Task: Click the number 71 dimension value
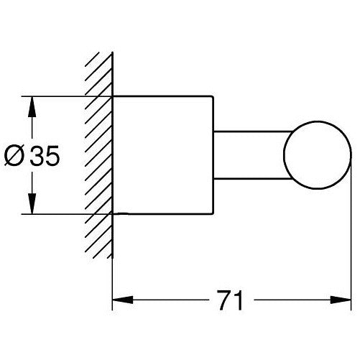point(231,300)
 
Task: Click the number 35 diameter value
point(45,155)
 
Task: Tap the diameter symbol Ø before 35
point(14,156)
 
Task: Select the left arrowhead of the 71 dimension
point(123,300)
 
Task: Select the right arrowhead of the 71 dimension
point(341,300)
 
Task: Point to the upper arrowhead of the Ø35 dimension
point(32,106)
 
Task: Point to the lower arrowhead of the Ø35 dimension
point(32,203)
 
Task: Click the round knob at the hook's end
point(318,154)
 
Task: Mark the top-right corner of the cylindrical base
point(213,96)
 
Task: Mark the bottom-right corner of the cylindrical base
point(213,213)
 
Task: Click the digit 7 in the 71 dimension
point(224,300)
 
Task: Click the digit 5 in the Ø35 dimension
point(52,156)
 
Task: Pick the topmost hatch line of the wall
point(92,59)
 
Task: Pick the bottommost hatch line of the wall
point(109,256)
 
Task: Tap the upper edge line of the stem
point(253,131)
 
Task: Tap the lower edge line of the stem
point(253,179)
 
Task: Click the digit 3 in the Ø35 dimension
point(37,155)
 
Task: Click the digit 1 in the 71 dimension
point(239,300)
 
